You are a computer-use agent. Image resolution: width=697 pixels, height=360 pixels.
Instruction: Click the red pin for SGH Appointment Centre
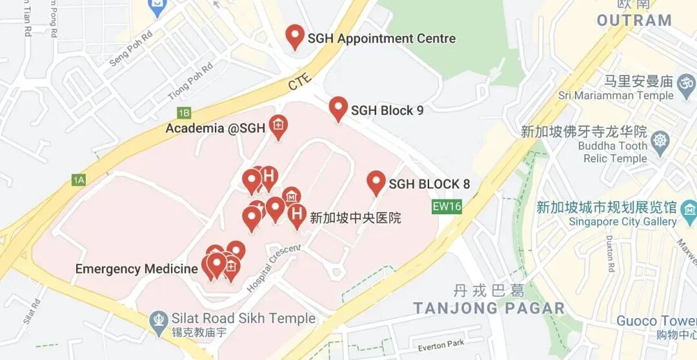pyautogui.click(x=295, y=36)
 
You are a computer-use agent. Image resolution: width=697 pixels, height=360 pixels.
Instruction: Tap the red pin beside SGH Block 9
pyautogui.click(x=338, y=108)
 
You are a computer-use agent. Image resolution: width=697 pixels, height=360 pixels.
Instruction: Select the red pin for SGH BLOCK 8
pyautogui.click(x=376, y=183)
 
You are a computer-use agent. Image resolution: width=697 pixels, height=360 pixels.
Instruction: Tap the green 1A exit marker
pyautogui.click(x=79, y=180)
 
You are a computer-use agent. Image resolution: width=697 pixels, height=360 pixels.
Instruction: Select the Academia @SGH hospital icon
pyautogui.click(x=278, y=126)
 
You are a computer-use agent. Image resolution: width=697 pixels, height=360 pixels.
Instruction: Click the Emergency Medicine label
pyautogui.click(x=136, y=269)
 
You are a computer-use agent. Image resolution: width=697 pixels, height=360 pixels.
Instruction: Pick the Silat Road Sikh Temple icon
pyautogui.click(x=158, y=320)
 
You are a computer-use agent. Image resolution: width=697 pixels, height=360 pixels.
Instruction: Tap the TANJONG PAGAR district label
pyautogui.click(x=489, y=308)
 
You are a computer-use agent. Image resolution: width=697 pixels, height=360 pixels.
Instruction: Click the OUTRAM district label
pyautogui.click(x=634, y=20)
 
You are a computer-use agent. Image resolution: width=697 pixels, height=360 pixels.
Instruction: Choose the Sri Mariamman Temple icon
pyautogui.click(x=686, y=83)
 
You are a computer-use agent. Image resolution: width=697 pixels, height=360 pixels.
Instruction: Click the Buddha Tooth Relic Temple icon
pyautogui.click(x=660, y=141)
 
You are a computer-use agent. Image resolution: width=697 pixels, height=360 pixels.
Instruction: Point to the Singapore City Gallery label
pyautogui.click(x=622, y=221)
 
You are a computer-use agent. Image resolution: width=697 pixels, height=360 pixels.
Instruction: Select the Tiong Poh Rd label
pyautogui.click(x=190, y=82)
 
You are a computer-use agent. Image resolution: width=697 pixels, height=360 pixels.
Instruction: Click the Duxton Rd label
pyautogui.click(x=610, y=255)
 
